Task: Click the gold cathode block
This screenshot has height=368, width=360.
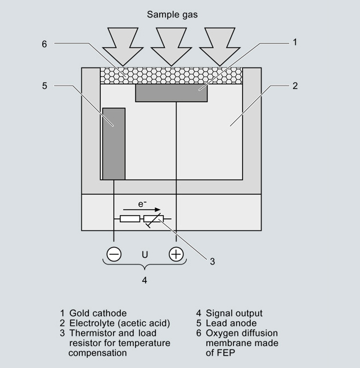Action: [x=172, y=93]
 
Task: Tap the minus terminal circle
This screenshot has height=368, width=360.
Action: [x=114, y=254]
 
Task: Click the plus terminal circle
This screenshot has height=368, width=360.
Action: [x=177, y=254]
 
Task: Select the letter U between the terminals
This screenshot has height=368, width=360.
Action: [x=145, y=254]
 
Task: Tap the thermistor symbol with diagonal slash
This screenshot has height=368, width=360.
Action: [x=153, y=219]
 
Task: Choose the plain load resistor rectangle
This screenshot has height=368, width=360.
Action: [x=130, y=219]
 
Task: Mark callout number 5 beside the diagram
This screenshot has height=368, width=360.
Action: [x=44, y=86]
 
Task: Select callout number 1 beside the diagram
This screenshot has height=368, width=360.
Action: [x=294, y=42]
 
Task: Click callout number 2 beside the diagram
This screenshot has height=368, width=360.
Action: [x=295, y=86]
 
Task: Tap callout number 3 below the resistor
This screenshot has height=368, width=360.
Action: [x=212, y=261]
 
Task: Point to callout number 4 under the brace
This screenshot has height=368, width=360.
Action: [x=145, y=280]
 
